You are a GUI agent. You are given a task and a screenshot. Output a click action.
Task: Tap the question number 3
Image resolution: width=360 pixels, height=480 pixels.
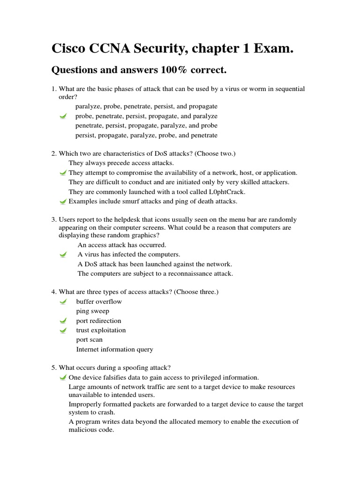54,219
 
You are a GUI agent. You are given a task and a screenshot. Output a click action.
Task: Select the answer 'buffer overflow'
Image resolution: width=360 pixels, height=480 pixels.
99,301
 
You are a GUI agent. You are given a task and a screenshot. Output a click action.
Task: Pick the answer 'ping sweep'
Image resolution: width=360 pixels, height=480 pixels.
93,311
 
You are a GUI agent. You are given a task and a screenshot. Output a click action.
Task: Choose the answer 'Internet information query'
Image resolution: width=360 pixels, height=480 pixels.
114,349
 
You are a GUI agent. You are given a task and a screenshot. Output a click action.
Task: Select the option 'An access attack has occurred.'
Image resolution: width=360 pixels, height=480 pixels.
122,245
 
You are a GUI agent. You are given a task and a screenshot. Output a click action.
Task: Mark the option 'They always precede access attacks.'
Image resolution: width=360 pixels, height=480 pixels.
121,163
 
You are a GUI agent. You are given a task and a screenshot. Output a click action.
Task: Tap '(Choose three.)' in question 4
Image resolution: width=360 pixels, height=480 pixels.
196,292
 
